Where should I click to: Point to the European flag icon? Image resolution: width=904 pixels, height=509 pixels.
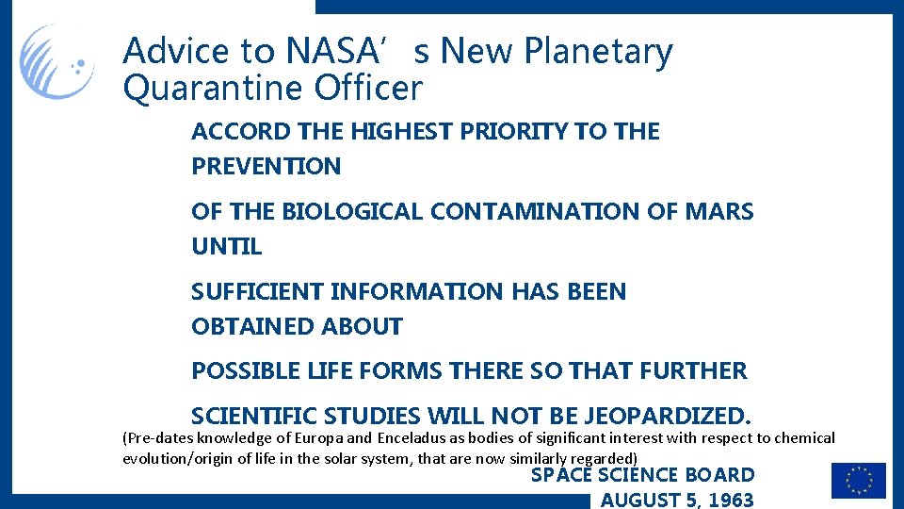(x=858, y=481)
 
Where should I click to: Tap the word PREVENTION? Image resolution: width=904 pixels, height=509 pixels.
(x=266, y=167)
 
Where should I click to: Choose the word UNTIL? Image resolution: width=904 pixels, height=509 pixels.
(x=226, y=247)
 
